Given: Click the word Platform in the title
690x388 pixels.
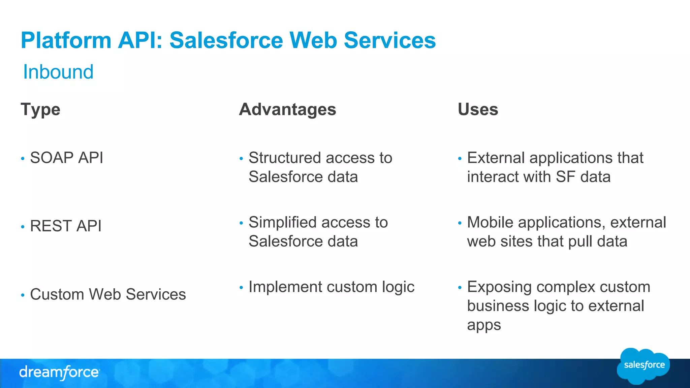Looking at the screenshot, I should coord(66,40).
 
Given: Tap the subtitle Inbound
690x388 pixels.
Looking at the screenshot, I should coord(58,72).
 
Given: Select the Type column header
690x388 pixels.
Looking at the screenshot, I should coord(40,110).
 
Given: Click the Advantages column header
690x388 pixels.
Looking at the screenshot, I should coord(287,109).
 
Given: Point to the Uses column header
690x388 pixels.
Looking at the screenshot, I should coord(478,109).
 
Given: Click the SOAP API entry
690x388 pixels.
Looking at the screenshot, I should coord(66,158).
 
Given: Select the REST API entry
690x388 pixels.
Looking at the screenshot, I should coord(66,226).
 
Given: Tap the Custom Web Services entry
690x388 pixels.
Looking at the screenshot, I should coord(108,294).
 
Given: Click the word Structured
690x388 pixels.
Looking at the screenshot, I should coord(285,158).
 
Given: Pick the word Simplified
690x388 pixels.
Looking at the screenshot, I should coord(282,223).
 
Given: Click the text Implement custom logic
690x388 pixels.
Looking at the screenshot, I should coord(331,287).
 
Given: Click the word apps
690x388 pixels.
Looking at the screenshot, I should coord(484,325).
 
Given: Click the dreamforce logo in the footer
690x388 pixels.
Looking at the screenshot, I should coord(59,373).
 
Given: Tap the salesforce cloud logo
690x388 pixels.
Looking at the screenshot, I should coord(644,366).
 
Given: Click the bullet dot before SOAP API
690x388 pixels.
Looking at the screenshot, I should coord(23,159).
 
